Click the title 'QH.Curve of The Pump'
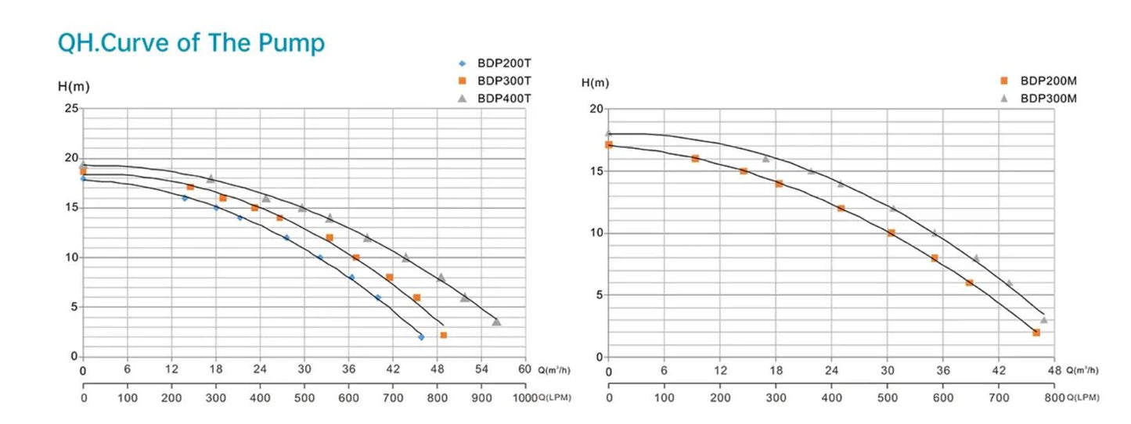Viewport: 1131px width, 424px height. [x=191, y=43]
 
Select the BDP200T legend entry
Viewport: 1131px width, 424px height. [x=503, y=63]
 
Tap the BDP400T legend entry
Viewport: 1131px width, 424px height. [x=503, y=98]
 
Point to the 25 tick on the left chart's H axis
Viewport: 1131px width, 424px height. [x=70, y=109]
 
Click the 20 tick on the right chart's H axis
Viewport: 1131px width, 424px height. [x=596, y=109]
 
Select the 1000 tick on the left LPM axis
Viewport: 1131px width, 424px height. [x=523, y=397]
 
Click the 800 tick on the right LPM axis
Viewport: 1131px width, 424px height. [x=1054, y=397]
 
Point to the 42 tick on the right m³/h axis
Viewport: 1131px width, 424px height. [x=999, y=369]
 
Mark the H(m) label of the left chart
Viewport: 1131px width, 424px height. [x=74, y=86]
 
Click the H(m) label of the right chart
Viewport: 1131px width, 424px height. [x=596, y=82]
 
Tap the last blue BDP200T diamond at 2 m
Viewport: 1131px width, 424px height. [x=421, y=337]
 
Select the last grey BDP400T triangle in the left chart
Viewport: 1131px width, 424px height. [x=496, y=322]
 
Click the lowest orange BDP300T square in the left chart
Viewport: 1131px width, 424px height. [x=443, y=335]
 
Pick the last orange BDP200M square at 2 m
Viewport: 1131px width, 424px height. [x=1036, y=332]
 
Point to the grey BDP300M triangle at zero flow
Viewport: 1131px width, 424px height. [x=609, y=134]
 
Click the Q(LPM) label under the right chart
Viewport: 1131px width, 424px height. [x=1082, y=397]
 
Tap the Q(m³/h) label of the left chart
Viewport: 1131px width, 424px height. [x=556, y=370]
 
